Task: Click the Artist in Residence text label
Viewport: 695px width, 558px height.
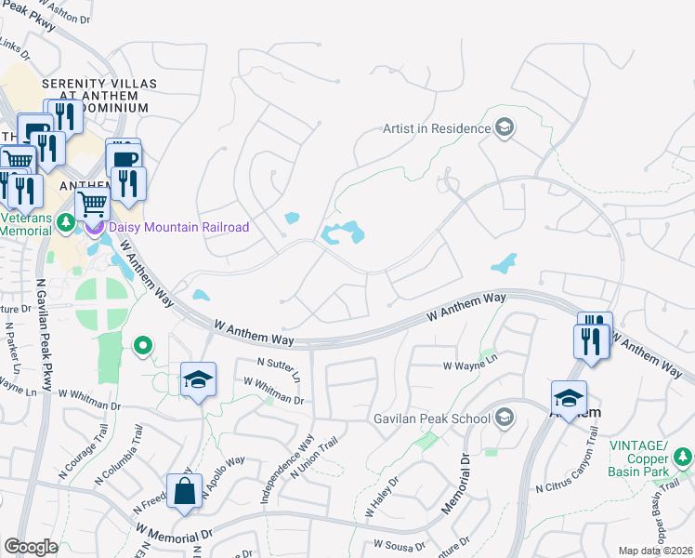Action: pos(437,128)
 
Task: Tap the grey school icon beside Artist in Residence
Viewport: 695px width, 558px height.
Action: pos(505,128)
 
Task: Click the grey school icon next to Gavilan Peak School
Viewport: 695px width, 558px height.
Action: pos(505,416)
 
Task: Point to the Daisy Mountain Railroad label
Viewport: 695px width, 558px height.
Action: pos(179,227)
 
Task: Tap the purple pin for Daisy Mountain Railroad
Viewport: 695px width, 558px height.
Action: pos(94,226)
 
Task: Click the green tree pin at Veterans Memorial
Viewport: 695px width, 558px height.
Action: pos(65,223)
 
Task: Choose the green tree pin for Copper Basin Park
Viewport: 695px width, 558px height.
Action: pos(683,456)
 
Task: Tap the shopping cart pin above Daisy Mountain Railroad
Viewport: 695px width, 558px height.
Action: pos(92,202)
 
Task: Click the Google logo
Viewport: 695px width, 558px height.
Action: pos(31,547)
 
